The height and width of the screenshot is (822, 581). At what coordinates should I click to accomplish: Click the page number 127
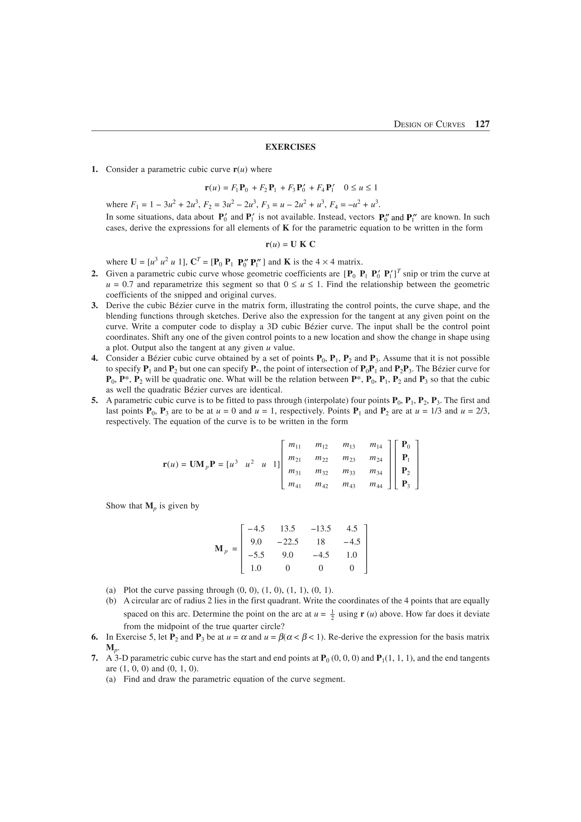click(482, 124)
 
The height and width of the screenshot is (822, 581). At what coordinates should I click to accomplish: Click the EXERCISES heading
click(290, 147)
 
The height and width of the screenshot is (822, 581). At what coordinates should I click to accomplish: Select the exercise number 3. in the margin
click(94, 306)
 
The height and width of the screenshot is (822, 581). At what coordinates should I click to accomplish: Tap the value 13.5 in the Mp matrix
click(287, 528)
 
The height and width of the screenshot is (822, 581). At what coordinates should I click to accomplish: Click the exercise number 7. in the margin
click(94, 658)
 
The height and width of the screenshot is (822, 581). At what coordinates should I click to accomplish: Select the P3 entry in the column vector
click(406, 485)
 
